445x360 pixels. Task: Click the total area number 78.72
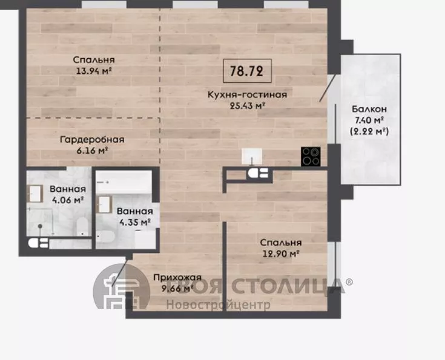tap(246, 71)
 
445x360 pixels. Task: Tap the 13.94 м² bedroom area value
tap(93, 71)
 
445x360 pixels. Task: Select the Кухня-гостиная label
tap(247, 94)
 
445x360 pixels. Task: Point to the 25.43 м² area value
tap(247, 106)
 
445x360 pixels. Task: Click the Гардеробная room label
tap(92, 140)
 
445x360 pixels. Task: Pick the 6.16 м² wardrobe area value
tap(93, 151)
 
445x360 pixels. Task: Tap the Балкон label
tap(369, 109)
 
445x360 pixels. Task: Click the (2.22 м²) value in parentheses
tap(369, 132)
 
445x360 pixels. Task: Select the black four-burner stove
tap(311, 156)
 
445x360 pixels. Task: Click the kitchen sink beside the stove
tap(252, 156)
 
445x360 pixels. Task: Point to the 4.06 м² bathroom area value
tap(68, 200)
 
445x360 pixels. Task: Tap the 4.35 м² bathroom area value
tap(135, 223)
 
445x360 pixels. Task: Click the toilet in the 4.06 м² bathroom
tap(82, 227)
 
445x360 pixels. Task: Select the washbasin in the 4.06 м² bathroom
tap(35, 194)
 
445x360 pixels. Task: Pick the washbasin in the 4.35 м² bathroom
tap(104, 205)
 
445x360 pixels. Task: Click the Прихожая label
tap(177, 278)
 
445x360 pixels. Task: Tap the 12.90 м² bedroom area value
tap(281, 254)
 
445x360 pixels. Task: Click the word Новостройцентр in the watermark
tap(218, 306)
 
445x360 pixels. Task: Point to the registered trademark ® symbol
tap(349, 282)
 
